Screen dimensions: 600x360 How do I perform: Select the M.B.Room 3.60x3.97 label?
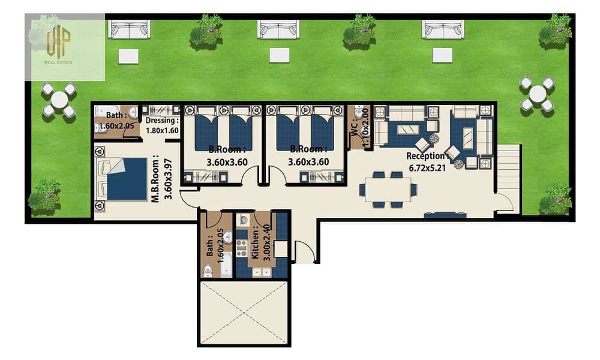click(x=161, y=179)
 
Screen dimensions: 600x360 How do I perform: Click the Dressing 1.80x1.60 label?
click(x=162, y=125)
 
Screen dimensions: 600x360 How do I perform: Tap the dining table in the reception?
click(x=388, y=190)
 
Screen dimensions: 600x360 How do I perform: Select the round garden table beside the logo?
click(x=59, y=100)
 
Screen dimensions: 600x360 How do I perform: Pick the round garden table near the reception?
click(x=537, y=94)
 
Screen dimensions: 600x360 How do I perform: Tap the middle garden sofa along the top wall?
click(x=278, y=29)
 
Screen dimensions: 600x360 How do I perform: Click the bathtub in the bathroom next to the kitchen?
click(x=227, y=265)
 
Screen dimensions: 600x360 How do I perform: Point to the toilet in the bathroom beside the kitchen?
click(x=208, y=271)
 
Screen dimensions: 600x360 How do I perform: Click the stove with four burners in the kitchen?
click(x=241, y=248)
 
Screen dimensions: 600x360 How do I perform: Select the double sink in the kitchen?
click(x=262, y=272)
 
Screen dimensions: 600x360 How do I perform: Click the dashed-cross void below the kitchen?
click(x=244, y=313)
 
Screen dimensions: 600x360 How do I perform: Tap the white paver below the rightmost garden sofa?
click(x=442, y=55)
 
